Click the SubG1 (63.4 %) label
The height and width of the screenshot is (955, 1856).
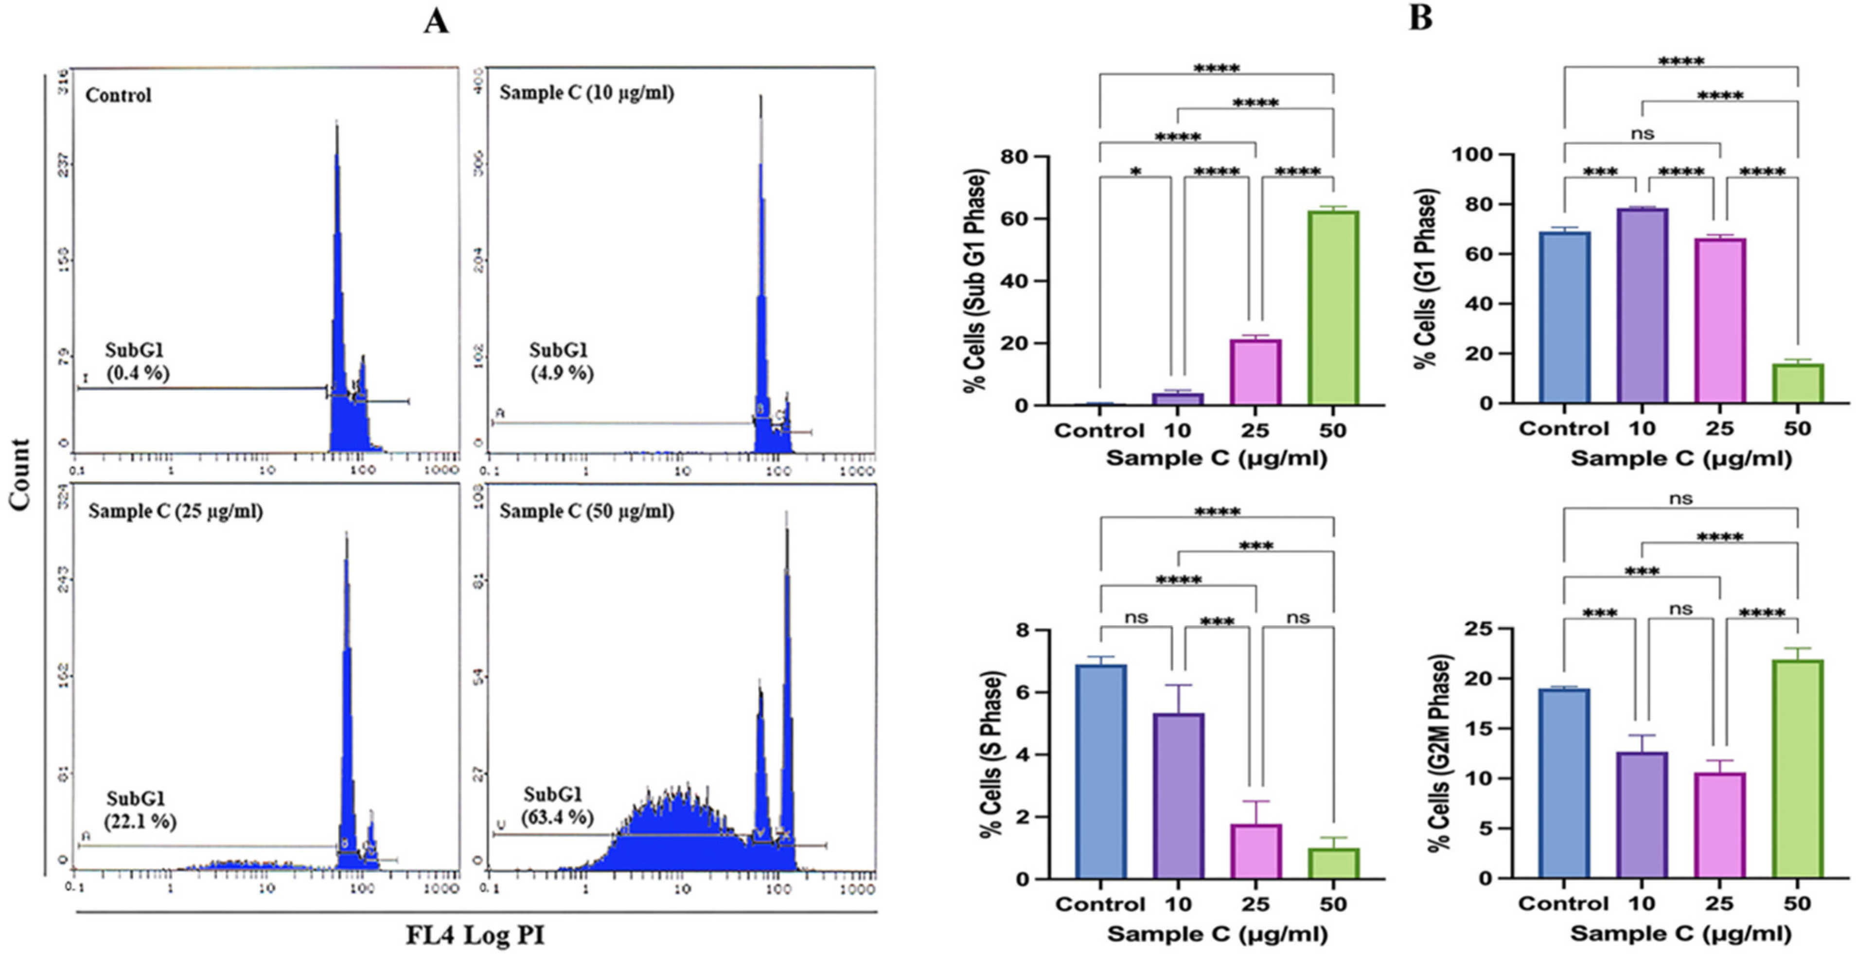tap(558, 805)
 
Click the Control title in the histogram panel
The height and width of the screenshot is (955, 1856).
tap(118, 95)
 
